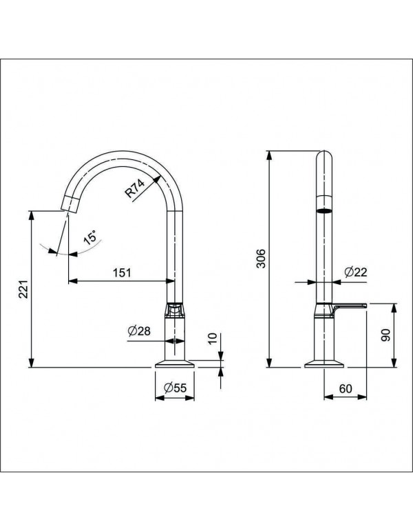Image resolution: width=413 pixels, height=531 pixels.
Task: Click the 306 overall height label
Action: point(260,257)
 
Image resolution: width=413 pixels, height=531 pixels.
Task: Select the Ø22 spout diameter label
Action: point(355,272)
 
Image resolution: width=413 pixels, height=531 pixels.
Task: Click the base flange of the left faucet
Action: point(175,364)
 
